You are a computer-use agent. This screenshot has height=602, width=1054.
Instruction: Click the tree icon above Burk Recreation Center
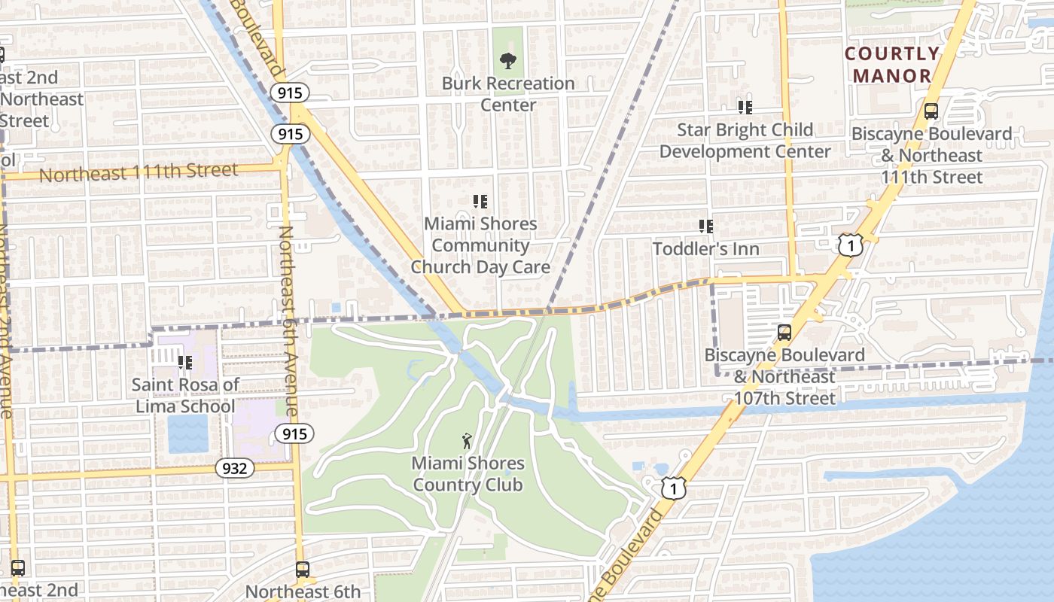[x=508, y=61]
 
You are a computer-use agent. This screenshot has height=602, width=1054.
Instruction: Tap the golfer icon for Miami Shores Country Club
[x=468, y=441]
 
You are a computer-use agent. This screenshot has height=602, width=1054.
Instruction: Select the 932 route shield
[x=235, y=468]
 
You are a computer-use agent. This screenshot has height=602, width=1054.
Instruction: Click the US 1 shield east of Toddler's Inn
[x=850, y=245]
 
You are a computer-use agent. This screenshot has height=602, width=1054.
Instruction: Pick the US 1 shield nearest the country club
[x=674, y=488]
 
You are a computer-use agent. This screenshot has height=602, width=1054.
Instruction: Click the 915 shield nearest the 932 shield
[x=294, y=433]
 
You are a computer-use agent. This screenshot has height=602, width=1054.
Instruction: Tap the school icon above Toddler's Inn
[x=705, y=226]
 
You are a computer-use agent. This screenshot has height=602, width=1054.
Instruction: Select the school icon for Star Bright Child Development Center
[x=745, y=107]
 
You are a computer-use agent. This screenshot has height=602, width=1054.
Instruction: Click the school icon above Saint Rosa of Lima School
[x=184, y=363]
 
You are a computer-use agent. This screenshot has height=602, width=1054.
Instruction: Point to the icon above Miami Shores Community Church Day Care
[x=480, y=201]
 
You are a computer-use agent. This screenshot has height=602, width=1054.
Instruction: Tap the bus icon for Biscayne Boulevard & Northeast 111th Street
[x=931, y=111]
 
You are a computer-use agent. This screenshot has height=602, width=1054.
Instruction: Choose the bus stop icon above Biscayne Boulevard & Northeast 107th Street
[x=784, y=332]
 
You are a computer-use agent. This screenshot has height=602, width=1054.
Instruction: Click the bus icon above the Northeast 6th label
[x=303, y=569]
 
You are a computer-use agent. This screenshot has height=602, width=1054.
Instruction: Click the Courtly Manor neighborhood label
[x=892, y=65]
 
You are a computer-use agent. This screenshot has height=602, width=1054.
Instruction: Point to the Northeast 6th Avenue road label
[x=289, y=321]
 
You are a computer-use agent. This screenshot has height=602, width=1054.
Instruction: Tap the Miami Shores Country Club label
[x=468, y=474]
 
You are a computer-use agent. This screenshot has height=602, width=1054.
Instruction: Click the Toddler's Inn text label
[x=705, y=248]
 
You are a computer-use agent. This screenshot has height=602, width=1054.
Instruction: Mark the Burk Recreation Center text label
[x=508, y=93]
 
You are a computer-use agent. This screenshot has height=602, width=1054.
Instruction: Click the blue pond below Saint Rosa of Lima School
[x=187, y=434]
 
